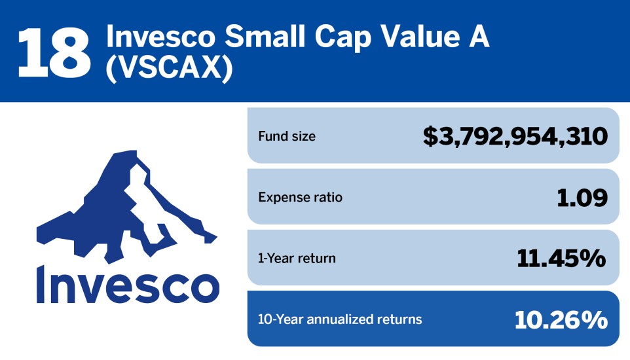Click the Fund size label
point(287,137)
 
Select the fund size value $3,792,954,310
point(515,137)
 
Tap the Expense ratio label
point(300,197)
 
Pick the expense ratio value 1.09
point(582,198)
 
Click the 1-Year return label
point(297,259)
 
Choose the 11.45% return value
point(561,259)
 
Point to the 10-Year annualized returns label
point(340,319)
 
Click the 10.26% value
point(561,319)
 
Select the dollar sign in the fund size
point(430,137)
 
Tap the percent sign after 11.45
point(593,259)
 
